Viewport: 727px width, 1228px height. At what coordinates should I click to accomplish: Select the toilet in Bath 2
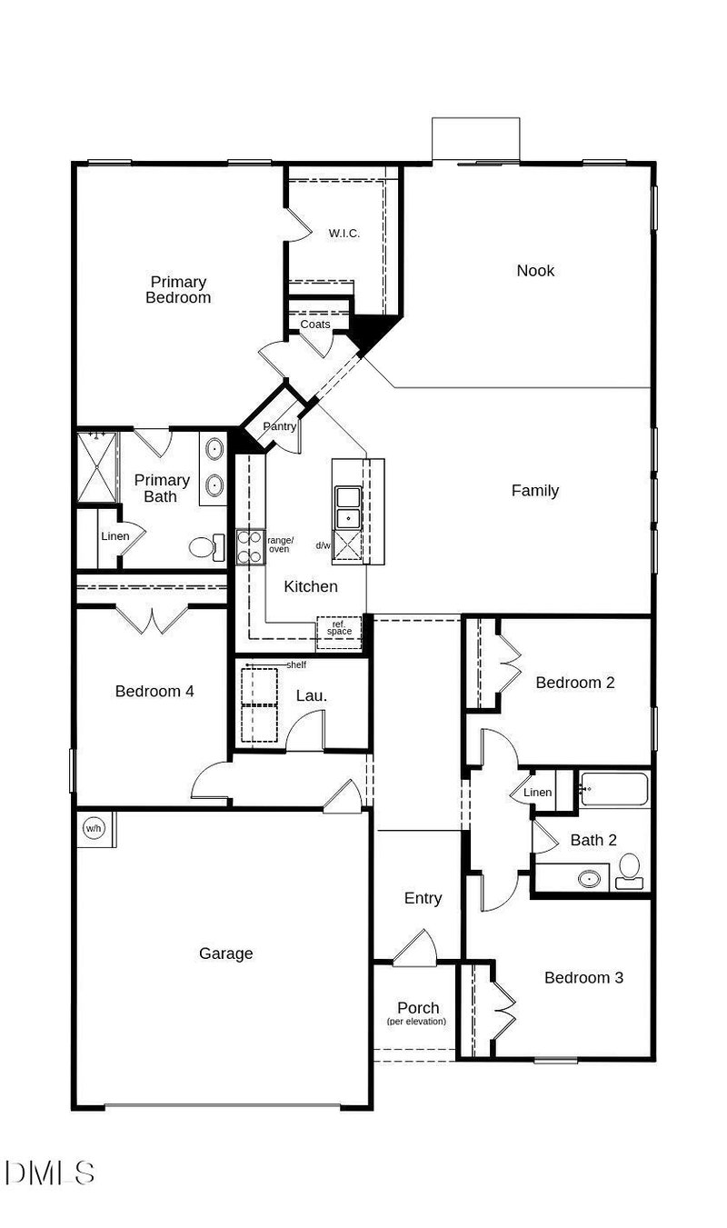[630, 872]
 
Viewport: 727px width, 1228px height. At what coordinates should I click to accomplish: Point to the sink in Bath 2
[591, 879]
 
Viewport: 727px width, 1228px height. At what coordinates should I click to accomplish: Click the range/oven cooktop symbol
[250, 546]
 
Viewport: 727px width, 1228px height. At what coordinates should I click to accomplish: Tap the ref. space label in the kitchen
[339, 628]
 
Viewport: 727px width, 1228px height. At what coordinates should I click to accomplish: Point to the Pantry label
[279, 426]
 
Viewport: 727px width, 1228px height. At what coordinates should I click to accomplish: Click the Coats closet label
[315, 324]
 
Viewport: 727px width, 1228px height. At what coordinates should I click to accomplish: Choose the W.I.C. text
[344, 234]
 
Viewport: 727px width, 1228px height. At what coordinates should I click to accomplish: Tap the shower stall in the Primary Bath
[96, 466]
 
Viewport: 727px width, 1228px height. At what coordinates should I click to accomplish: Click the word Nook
[535, 270]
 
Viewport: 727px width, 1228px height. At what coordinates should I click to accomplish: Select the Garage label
[225, 953]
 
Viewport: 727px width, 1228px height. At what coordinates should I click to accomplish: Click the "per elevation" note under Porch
[417, 1022]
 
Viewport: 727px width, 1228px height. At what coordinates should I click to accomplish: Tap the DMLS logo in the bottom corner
[50, 1172]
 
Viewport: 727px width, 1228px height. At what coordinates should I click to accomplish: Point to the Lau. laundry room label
[312, 695]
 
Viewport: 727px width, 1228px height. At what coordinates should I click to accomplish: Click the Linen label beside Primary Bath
[115, 536]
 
